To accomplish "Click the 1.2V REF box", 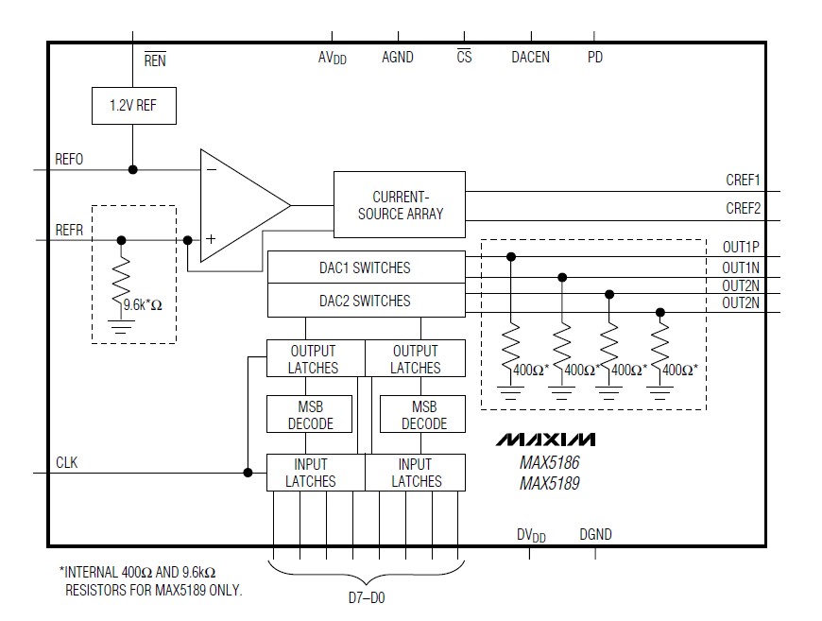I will [132, 106].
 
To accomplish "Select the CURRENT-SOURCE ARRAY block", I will [399, 205].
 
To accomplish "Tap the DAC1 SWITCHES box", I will [366, 267].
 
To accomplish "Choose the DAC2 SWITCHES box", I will [366, 301].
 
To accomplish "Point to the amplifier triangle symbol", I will [241, 205].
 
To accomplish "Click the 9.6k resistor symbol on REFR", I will [121, 281].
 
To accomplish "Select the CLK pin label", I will [66, 463].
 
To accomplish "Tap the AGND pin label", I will [397, 58].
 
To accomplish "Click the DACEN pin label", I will [531, 58].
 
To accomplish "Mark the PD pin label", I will [595, 58].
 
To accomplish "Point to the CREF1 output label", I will [743, 180].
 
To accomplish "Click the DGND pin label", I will [595, 534].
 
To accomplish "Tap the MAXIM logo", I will [546, 440].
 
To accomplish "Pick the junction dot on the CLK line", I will [248, 473].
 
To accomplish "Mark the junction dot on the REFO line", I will [132, 169].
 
